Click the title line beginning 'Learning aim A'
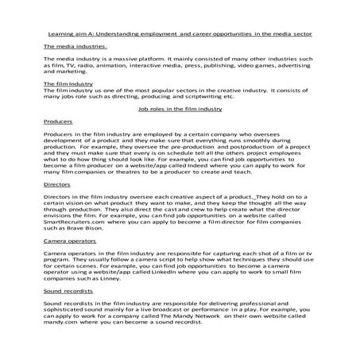coord(180,36)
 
